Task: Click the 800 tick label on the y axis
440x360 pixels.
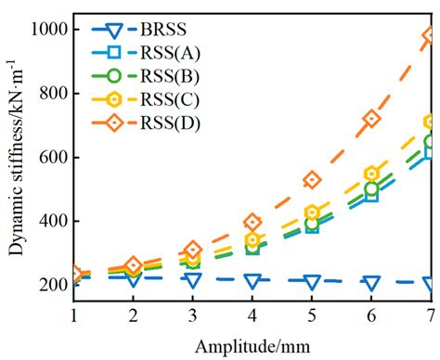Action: click(50, 94)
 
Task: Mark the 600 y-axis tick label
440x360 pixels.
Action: click(50, 158)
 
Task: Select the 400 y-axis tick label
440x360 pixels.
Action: click(50, 222)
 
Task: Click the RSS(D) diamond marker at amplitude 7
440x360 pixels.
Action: click(430, 36)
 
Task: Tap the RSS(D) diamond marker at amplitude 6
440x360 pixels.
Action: click(371, 119)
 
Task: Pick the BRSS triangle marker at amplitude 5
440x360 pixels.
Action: click(312, 281)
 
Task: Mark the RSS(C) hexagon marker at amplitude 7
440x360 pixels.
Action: click(430, 122)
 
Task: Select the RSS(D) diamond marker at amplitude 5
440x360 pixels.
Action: click(312, 180)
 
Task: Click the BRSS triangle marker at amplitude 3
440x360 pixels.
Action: click(193, 279)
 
